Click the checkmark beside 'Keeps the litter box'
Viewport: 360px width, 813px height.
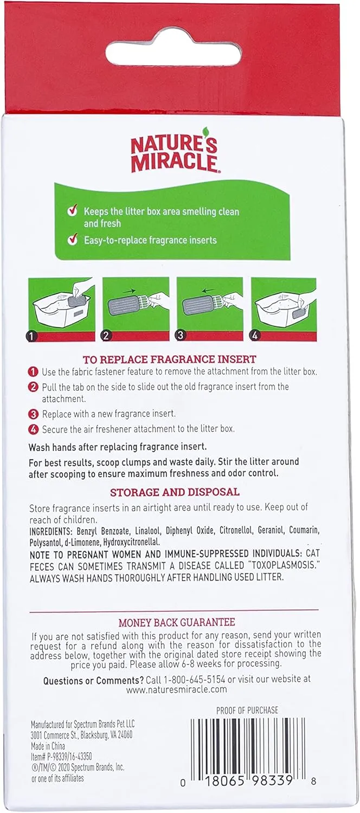pyautogui.click(x=73, y=210)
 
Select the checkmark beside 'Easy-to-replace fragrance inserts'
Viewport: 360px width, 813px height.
pyautogui.click(x=73, y=239)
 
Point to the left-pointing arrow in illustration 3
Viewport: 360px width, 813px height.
pyautogui.click(x=208, y=290)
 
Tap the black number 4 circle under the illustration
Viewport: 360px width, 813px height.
pyautogui.click(x=255, y=335)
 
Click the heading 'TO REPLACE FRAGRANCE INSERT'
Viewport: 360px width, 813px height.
pyautogui.click(x=170, y=359)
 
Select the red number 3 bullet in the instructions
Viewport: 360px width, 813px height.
pyautogui.click(x=34, y=414)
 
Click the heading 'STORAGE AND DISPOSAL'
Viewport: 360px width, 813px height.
pyautogui.click(x=175, y=492)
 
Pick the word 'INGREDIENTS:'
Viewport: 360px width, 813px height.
pyautogui.click(x=51, y=531)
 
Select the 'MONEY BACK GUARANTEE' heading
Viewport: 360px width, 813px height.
pyautogui.click(x=177, y=622)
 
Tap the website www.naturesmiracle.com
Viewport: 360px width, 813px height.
pyautogui.click(x=176, y=689)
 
